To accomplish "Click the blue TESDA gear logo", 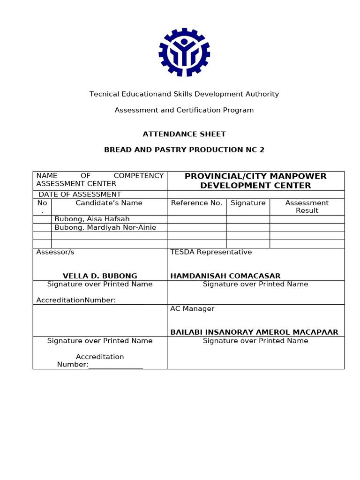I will (184, 52).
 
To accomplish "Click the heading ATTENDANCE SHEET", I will (184, 134).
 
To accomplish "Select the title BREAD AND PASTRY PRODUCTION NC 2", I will (184, 150).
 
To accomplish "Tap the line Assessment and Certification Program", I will (184, 110).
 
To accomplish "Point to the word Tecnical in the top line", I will (104, 94).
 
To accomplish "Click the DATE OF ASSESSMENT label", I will (80, 195).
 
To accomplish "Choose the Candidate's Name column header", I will (109, 203).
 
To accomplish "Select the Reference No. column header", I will (196, 203).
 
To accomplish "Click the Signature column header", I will (248, 203).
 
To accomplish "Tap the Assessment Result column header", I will (307, 207).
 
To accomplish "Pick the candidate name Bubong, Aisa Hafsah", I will (92, 219).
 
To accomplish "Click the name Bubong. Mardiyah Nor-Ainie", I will (105, 227).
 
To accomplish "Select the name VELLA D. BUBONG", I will (100, 276).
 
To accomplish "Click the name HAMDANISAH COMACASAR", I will (225, 276).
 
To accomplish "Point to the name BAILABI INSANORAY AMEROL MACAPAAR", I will (254, 332).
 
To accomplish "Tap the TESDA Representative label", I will (211, 252).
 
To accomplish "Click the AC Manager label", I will (192, 309).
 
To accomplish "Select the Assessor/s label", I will (55, 252).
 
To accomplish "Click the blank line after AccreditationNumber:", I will (130, 301).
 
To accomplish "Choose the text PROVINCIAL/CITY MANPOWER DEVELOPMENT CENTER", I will (255, 181).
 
